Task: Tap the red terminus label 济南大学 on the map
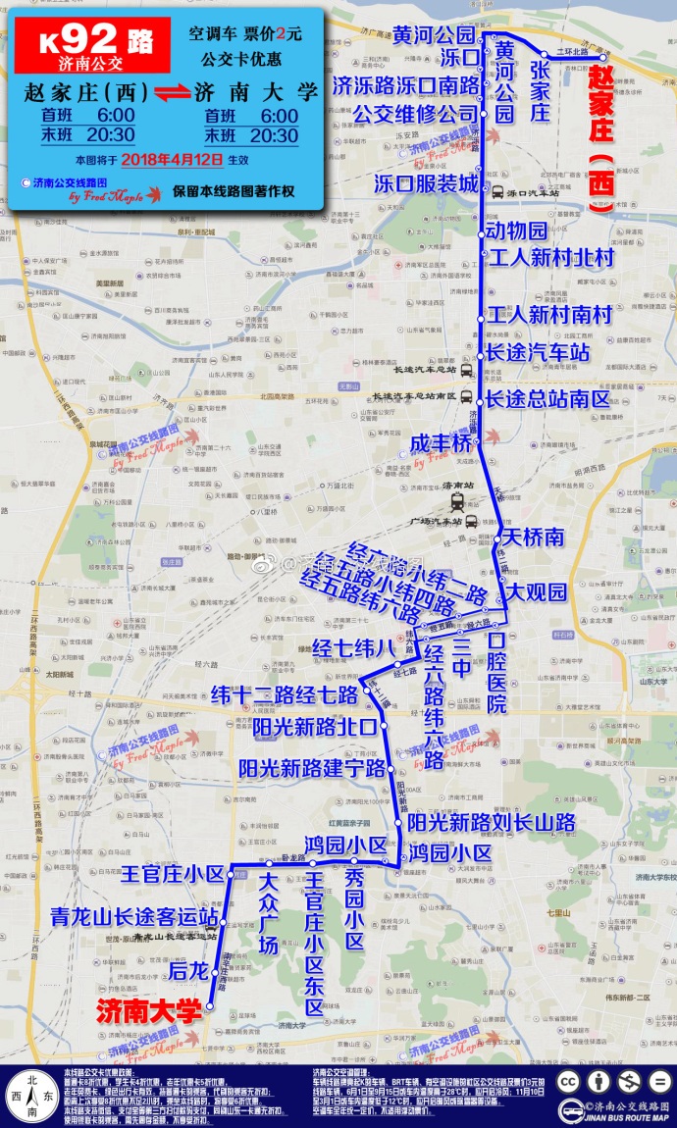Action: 147,1009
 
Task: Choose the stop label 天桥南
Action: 536,538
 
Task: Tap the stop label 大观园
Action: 537,591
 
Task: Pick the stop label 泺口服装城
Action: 427,184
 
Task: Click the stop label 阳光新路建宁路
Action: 313,768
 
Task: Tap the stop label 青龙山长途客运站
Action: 134,917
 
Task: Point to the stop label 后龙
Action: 188,970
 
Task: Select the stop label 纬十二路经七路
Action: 285,695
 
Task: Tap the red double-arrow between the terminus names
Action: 167,95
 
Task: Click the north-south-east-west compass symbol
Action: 32,1092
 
